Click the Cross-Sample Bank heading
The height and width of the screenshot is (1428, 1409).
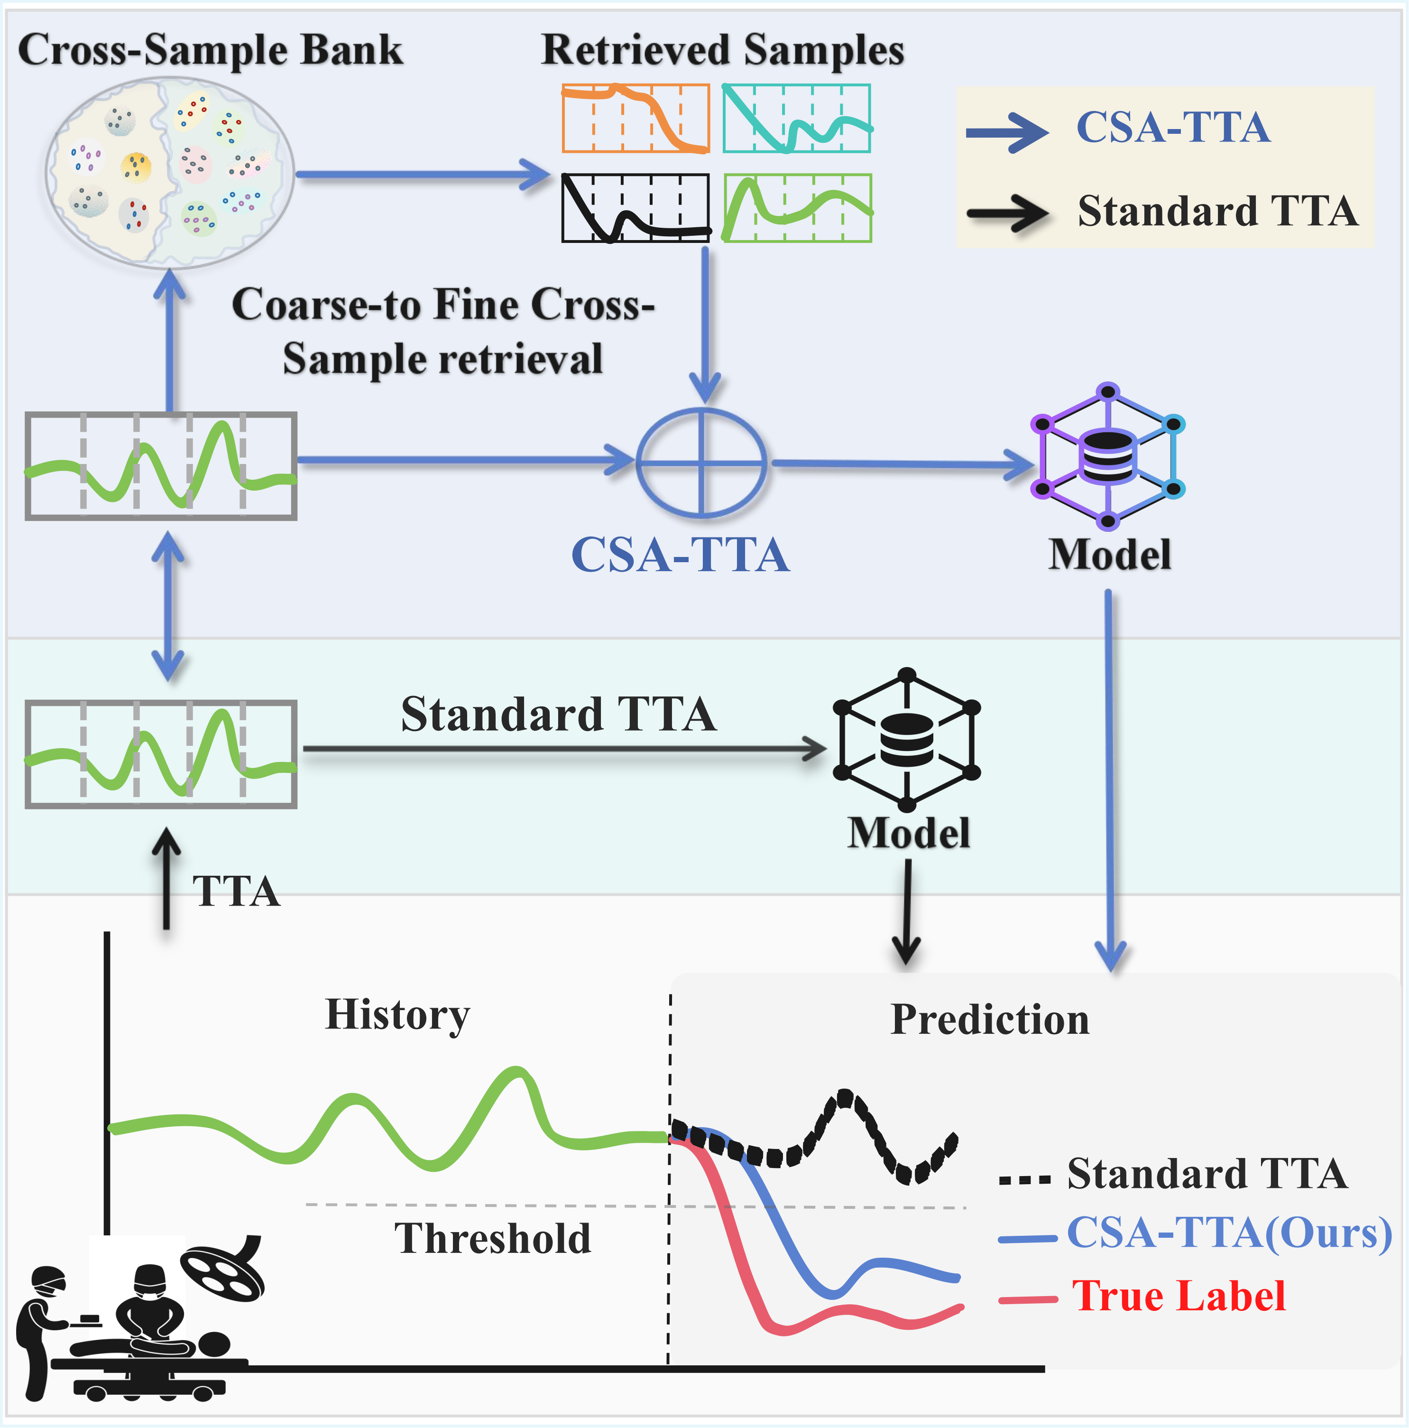coord(210,50)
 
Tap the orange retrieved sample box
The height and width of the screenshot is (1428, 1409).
coord(635,118)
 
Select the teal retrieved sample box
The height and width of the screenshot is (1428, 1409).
coord(796,118)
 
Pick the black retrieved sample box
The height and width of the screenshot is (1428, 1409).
coord(635,208)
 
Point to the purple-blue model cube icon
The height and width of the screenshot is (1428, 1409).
coord(1107,456)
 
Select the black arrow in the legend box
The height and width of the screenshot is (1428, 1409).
coord(1007,213)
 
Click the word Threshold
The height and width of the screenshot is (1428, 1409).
coord(493,1238)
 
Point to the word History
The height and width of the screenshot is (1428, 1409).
coord(397,1014)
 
